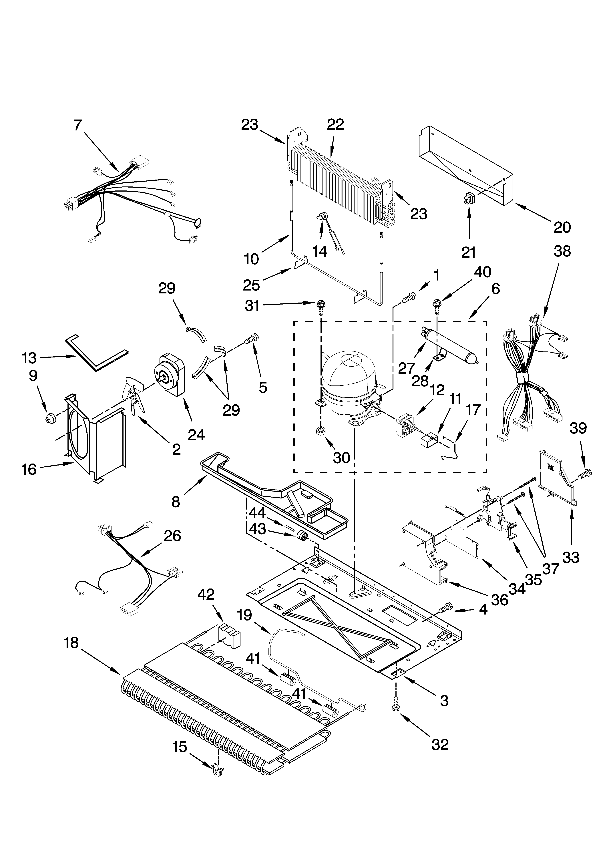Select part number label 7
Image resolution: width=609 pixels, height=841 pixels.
(77, 125)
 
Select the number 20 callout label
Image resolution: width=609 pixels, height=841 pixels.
(562, 227)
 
